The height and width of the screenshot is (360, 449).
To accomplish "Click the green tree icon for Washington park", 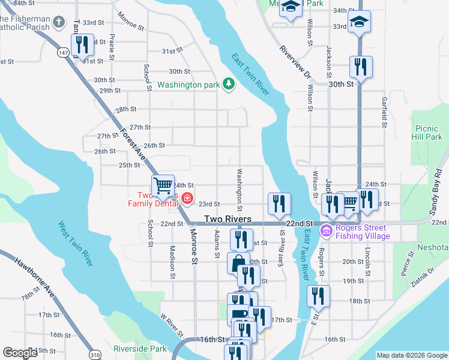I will pos(228,85).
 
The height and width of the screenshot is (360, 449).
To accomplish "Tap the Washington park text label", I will pos(188,85).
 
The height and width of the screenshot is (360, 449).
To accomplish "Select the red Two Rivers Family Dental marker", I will pos(187,198).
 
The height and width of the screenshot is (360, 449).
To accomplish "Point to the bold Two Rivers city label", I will pos(228,220).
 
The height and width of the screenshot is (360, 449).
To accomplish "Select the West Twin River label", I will pos(76,244).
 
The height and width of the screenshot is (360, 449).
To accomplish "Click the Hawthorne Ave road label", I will pos(34,278).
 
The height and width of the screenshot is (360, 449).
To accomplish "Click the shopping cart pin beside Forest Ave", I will pos(162,186).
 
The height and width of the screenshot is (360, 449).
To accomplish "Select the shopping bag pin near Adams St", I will pos(238,263).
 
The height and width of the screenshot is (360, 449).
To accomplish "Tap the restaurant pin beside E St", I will pos(318,296).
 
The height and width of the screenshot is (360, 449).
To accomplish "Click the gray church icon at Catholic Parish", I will pos(58,23).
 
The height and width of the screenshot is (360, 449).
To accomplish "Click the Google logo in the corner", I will pos(20,353).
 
